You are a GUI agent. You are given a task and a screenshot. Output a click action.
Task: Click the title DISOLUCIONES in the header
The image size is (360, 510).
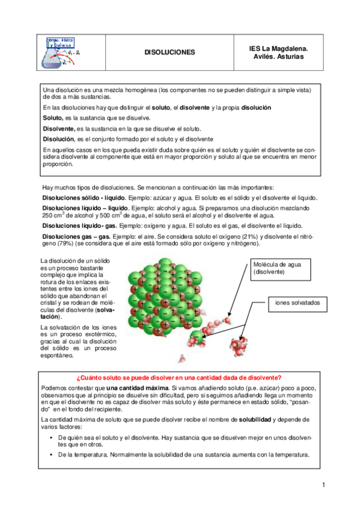(x=170, y=52)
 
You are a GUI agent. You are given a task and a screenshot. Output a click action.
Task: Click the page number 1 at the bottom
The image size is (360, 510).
(x=323, y=485)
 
